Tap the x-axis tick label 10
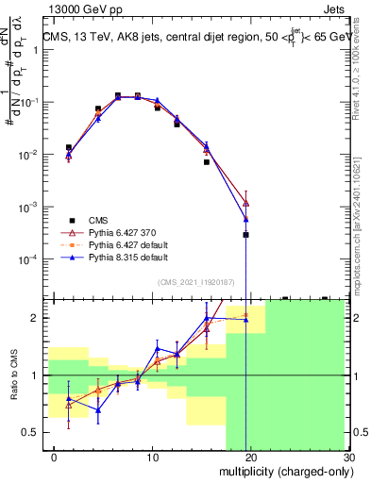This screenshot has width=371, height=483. [140, 458]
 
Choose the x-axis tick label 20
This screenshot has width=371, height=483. [245, 458]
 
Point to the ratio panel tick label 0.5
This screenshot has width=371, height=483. [28, 432]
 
